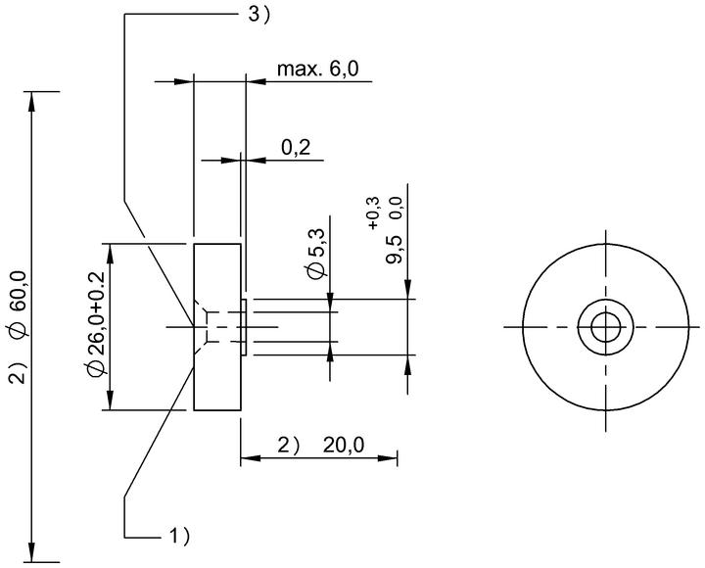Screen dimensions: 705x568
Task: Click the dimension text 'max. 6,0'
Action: point(318,70)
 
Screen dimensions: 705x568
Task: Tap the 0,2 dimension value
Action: point(296,147)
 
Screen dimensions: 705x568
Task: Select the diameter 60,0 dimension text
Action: point(21,305)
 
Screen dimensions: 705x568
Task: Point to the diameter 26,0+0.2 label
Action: point(96,323)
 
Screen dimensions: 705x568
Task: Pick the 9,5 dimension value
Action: point(394,250)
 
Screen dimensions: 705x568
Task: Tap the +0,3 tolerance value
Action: point(374,213)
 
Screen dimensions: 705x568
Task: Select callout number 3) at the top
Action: point(258,15)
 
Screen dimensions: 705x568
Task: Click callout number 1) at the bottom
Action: point(179,536)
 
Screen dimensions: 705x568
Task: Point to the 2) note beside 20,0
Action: point(288,446)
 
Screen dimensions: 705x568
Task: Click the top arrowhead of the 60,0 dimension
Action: point(31,101)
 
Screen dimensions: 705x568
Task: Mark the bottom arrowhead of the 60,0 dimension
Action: point(31,552)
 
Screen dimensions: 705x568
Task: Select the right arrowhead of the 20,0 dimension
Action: point(388,458)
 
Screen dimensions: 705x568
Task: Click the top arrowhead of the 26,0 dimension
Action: point(110,254)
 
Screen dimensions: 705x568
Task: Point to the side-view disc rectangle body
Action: point(217,327)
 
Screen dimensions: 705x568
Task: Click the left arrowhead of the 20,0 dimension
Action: point(251,458)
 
